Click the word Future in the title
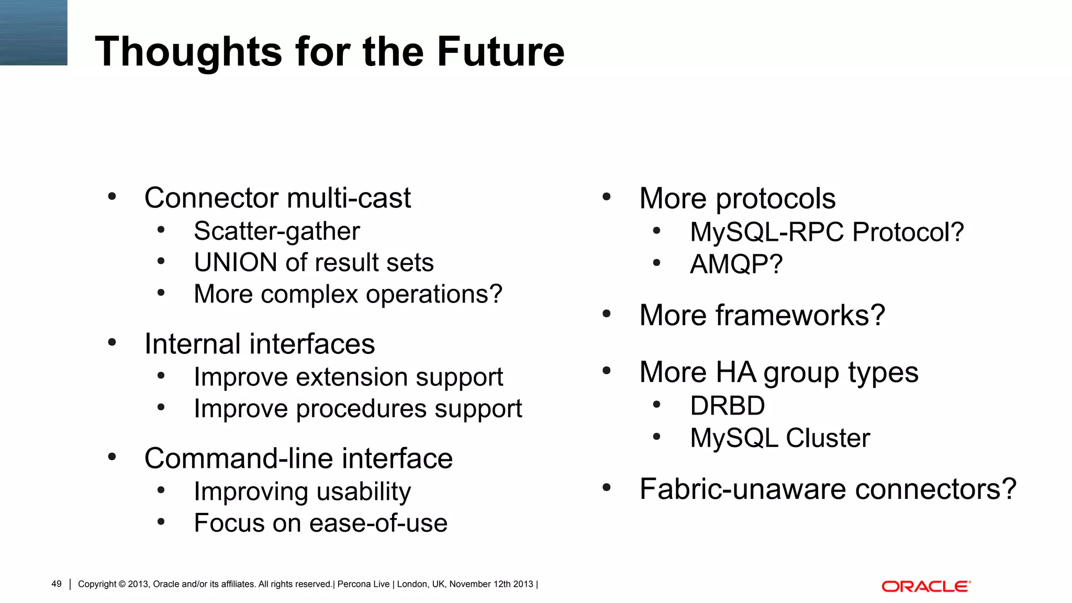500,51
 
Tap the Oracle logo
925,586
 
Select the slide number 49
57,584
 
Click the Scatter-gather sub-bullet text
276,231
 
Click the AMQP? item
736,264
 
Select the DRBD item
727,406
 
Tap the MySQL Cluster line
779,438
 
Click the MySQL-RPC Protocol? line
827,232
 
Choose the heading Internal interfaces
260,344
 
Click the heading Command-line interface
298,459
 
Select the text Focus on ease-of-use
320,523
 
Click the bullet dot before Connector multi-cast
111,197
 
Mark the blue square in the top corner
33,32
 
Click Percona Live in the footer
363,584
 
